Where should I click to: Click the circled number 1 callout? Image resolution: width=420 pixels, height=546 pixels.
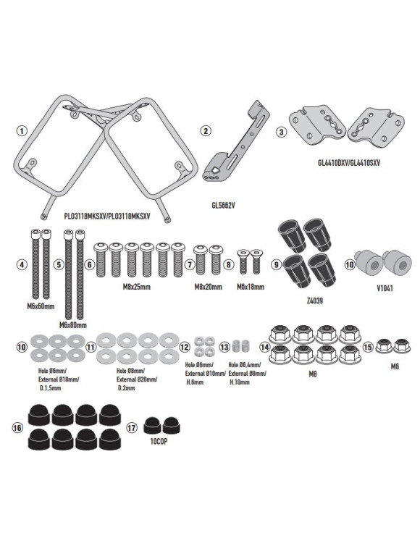(22, 131)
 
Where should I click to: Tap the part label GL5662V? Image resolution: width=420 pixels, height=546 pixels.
(223, 205)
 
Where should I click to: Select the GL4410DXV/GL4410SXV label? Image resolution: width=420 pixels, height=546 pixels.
(349, 163)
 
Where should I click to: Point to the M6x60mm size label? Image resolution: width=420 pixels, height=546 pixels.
(41, 306)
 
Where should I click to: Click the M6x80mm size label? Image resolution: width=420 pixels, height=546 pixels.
(73, 325)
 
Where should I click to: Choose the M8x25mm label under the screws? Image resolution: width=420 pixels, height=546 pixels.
(137, 287)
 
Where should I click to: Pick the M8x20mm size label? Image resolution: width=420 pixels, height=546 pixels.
(208, 287)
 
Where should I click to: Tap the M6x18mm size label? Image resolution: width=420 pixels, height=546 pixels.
(251, 287)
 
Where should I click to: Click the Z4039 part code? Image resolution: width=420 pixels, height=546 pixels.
(314, 301)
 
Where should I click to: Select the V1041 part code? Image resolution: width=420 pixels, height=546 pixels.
(385, 288)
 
